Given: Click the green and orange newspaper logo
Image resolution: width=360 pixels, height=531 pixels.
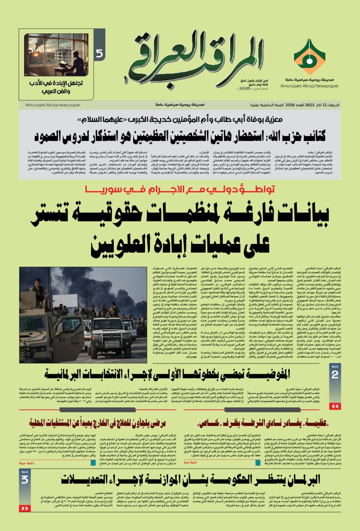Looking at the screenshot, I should (x=309, y=57).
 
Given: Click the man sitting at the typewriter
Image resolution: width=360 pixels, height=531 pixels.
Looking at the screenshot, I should (x=75, y=63).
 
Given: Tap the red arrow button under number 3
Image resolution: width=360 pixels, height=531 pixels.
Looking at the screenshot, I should (x=25, y=508).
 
